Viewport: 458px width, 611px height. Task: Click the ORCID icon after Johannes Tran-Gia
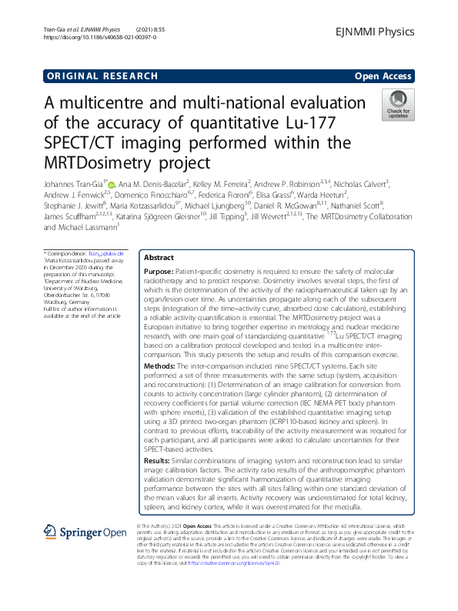pos(110,185)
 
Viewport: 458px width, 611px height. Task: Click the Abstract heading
pos(159,259)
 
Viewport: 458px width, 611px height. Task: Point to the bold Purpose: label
pos(162,274)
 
